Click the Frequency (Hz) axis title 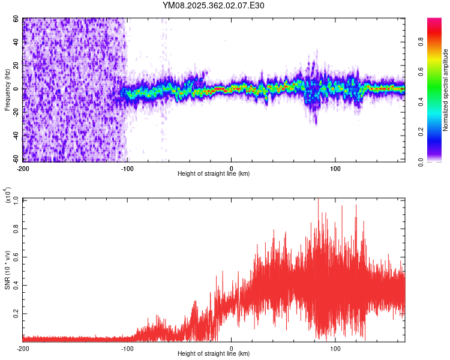[7, 90]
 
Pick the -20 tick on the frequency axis [14, 112]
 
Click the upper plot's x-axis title [214, 173]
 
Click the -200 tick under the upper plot [23, 167]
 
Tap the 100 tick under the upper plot [336, 167]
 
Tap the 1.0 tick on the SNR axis [16, 199]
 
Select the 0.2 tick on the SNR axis [16, 314]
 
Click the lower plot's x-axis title [214, 353]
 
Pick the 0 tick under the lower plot [232, 347]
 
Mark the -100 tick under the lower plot [128, 347]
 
